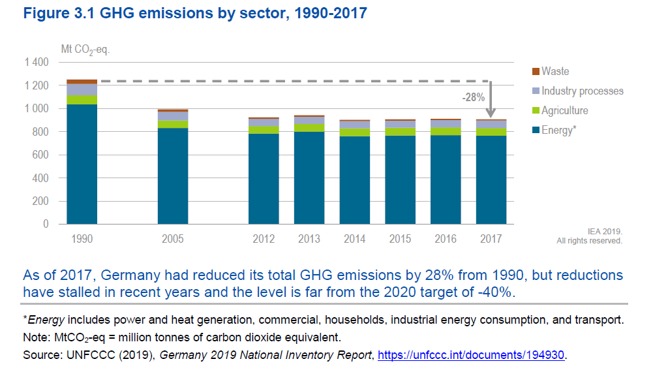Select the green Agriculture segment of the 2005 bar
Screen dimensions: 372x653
pyautogui.click(x=173, y=124)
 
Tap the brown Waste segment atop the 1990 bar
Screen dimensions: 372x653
pyautogui.click(x=82, y=82)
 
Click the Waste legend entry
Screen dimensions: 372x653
pyautogui.click(x=554, y=71)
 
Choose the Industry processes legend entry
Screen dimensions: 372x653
pyautogui.click(x=582, y=91)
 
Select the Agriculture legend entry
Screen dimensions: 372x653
pyautogui.click(x=564, y=110)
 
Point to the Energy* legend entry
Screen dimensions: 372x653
pyautogui.click(x=558, y=131)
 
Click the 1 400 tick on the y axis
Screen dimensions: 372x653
pyautogui.click(x=37, y=63)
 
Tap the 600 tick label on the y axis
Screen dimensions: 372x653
pyautogui.click(x=40, y=155)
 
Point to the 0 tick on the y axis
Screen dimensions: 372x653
pyautogui.click(x=46, y=224)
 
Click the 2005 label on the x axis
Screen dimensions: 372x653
pyautogui.click(x=173, y=239)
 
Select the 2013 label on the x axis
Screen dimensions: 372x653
pyautogui.click(x=309, y=239)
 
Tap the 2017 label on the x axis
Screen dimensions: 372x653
pyautogui.click(x=491, y=239)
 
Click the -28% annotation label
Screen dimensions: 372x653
pyautogui.click(x=473, y=97)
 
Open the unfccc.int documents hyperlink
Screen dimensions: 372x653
pyautogui.click(x=472, y=355)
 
